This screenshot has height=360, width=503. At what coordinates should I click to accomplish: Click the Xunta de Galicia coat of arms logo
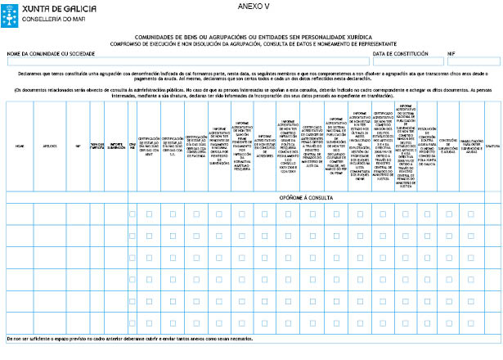[11, 11]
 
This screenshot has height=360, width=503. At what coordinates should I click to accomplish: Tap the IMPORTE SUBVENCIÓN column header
[116, 146]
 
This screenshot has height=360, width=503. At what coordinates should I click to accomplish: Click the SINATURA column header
[492, 146]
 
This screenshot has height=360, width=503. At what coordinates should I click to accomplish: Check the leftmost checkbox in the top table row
[132, 214]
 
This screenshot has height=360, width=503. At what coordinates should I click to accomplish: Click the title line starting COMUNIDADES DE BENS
[251, 37]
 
